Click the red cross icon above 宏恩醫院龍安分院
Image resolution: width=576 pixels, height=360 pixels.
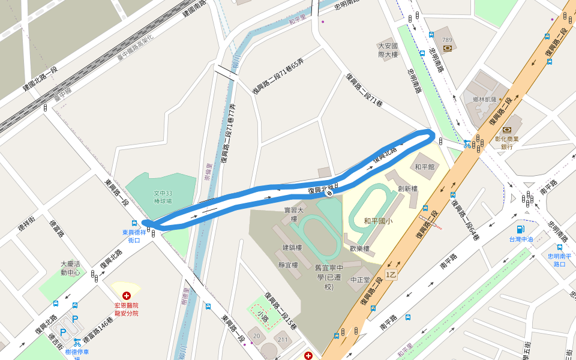(127, 296)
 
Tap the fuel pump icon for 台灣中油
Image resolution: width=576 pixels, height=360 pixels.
(520, 229)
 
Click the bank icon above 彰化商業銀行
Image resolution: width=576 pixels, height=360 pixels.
(507, 130)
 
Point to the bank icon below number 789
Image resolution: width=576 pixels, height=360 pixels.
(447, 49)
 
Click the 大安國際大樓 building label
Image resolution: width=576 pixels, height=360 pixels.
(388, 50)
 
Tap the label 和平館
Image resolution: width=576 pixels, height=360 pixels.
(424, 166)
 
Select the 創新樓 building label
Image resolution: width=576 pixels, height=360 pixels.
(407, 188)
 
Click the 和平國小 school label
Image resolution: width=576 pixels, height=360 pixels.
(378, 221)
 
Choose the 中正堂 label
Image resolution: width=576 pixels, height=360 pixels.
(361, 280)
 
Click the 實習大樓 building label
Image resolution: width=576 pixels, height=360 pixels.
(294, 214)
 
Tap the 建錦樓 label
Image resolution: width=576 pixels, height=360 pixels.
(292, 247)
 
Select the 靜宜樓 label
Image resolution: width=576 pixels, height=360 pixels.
(289, 265)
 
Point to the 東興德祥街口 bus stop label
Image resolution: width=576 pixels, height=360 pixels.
(134, 236)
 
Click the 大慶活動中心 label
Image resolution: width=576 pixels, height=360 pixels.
(70, 268)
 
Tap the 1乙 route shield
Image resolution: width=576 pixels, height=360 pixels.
(391, 275)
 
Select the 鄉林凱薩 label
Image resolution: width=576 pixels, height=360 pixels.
(484, 99)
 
